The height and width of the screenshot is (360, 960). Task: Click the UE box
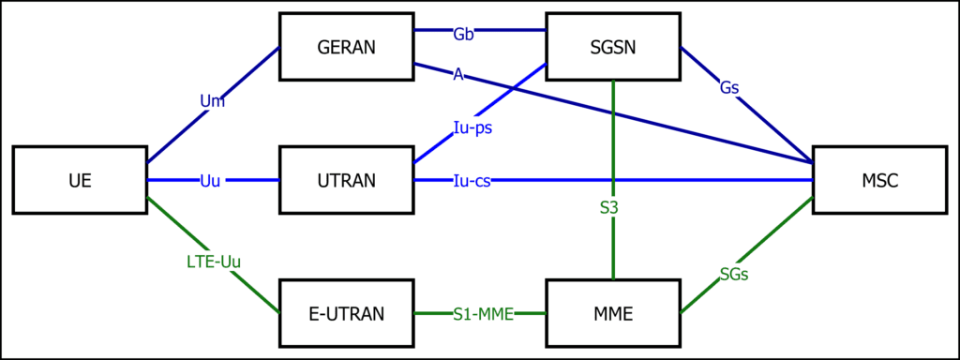(x=80, y=180)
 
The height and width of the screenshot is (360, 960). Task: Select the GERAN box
(x=346, y=47)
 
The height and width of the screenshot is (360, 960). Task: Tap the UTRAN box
(x=346, y=180)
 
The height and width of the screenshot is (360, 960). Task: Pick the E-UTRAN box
(x=346, y=313)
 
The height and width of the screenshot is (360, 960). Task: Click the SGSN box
(x=613, y=47)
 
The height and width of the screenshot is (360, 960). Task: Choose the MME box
(x=613, y=313)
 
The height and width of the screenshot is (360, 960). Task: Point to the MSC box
(x=879, y=180)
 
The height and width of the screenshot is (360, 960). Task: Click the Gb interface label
(x=463, y=35)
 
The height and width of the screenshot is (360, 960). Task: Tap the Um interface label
(x=212, y=100)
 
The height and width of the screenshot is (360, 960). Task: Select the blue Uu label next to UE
(x=210, y=181)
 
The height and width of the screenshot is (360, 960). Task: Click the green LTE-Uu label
(x=214, y=262)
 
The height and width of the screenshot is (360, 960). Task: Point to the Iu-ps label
(x=472, y=128)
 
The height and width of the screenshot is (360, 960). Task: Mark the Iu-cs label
(x=472, y=181)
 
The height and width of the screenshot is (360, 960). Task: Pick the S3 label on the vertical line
(x=609, y=208)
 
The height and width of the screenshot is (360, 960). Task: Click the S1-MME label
(x=483, y=314)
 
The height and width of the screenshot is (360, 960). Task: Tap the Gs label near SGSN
(x=729, y=88)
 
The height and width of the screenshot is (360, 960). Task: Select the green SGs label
(x=734, y=275)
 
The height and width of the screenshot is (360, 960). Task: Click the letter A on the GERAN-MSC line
(x=458, y=75)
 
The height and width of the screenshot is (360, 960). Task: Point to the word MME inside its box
(x=613, y=314)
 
